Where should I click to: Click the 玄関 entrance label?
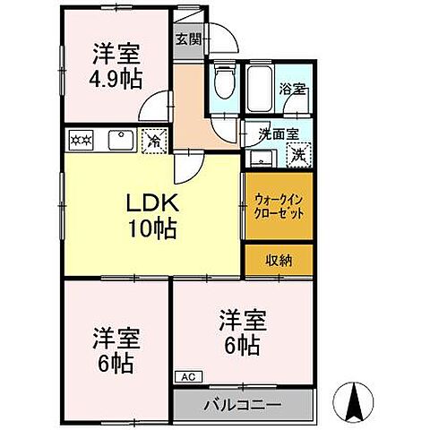click(x=187, y=39)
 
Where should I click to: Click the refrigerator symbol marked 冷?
click(x=155, y=140)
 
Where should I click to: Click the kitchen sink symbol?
click(x=119, y=140)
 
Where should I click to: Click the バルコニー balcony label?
click(x=243, y=404)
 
